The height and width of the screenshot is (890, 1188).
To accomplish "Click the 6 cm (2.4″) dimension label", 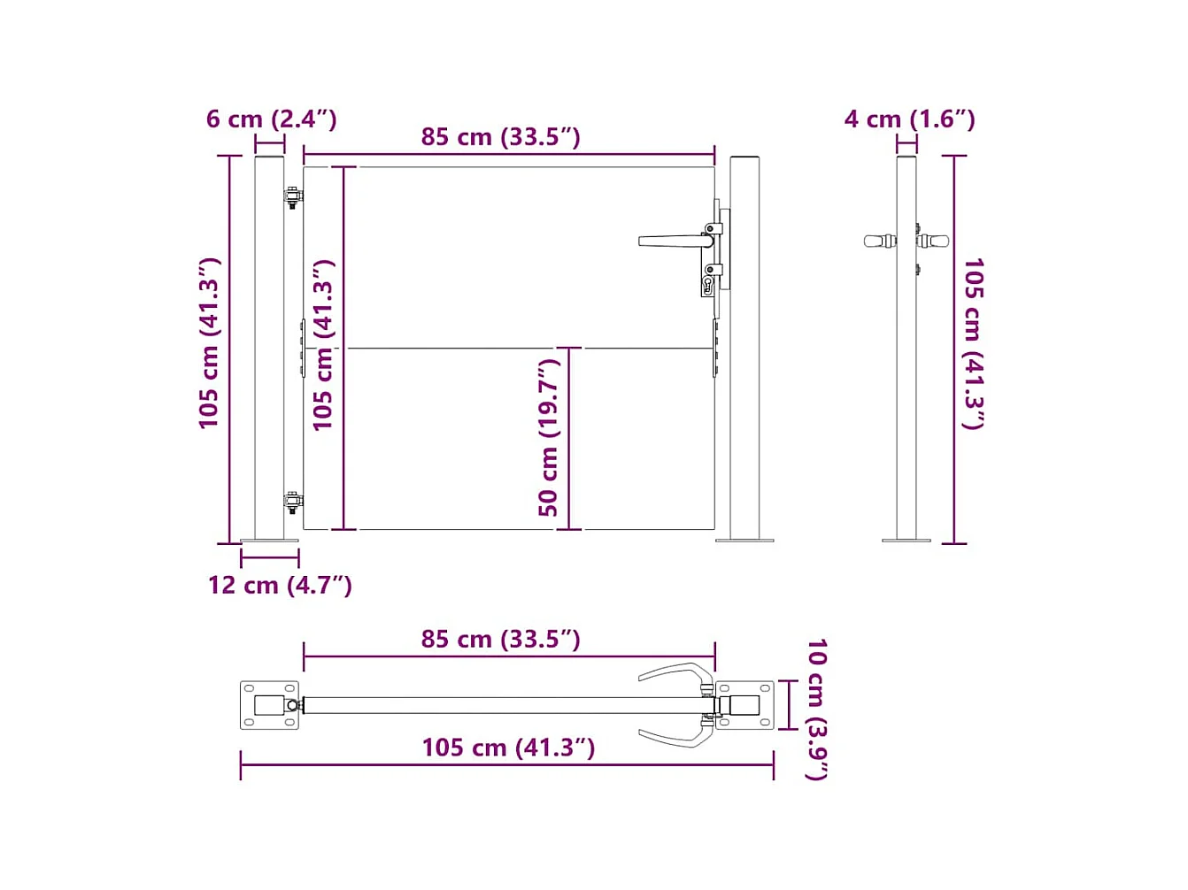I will [x=271, y=119].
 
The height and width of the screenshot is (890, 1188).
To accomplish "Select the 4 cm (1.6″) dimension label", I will [x=909, y=119].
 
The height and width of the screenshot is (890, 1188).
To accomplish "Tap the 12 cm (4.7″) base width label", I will [x=280, y=585].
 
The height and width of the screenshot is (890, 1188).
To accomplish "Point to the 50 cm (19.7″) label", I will [x=549, y=437].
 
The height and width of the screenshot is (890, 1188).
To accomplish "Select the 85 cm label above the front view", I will [x=500, y=137].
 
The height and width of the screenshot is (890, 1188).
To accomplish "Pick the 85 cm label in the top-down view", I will [x=500, y=639].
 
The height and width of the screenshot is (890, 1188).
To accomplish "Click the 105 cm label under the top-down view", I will [x=508, y=748].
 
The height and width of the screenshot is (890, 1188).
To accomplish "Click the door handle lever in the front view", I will [x=673, y=241].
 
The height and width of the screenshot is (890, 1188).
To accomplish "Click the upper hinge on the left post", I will [x=292, y=197].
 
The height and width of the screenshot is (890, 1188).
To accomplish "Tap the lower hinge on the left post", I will [x=292, y=501].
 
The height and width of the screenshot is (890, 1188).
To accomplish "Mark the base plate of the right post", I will [x=744, y=539].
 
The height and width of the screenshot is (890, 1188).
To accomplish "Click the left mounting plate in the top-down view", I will [x=269, y=705].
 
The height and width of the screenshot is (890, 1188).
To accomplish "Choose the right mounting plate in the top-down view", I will [x=744, y=705].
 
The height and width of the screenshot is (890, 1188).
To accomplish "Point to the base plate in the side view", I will [x=906, y=539].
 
